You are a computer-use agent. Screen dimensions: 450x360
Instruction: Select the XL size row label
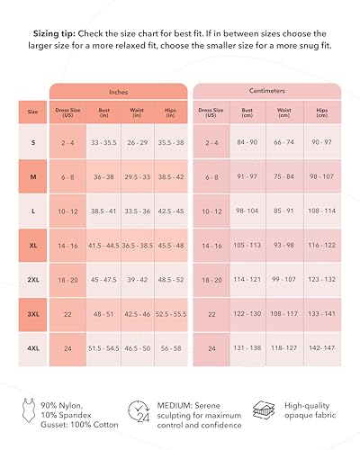pyautogui.click(x=33, y=245)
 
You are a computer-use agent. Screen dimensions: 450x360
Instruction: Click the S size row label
pyautogui.click(x=33, y=142)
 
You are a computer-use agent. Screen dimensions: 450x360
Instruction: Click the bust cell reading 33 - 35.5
pyautogui.click(x=103, y=142)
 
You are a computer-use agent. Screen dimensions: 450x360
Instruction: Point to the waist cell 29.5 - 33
pyautogui.click(x=137, y=177)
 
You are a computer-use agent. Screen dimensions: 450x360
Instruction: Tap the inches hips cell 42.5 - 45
pyautogui.click(x=171, y=211)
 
